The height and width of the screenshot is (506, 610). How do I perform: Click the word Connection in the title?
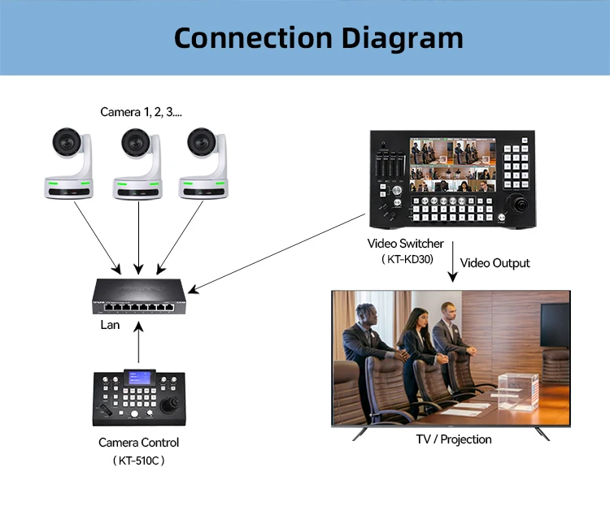[247, 37]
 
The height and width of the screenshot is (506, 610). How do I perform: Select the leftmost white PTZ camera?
[71, 162]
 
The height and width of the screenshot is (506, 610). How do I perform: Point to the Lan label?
[110, 325]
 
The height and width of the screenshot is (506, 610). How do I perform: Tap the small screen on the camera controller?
[140, 380]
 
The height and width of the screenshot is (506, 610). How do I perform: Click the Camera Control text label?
[138, 443]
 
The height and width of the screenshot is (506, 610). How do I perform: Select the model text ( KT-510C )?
[138, 461]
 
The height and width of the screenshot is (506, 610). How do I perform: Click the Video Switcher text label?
[405, 244]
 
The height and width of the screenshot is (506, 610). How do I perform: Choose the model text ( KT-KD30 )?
[407, 260]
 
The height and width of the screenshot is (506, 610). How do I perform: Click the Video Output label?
[495, 263]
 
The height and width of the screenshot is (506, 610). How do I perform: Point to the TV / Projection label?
[454, 439]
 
